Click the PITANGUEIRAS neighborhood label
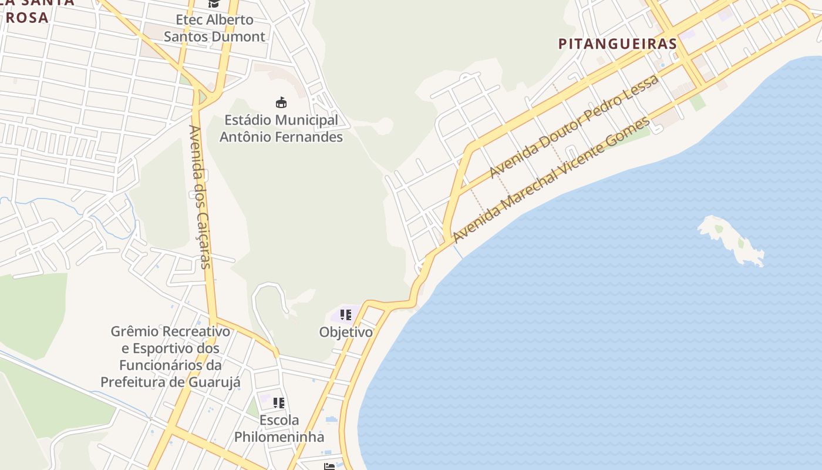click(x=617, y=43)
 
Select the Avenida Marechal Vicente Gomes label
click(x=552, y=180)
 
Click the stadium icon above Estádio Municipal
click(x=281, y=102)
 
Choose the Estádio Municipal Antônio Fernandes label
click(x=281, y=129)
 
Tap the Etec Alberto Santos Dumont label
click(x=214, y=28)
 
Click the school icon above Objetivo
click(x=346, y=315)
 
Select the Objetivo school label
click(x=346, y=332)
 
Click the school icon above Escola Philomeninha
click(x=279, y=403)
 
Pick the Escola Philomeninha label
click(x=279, y=428)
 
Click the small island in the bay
click(x=732, y=240)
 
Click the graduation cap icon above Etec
click(x=214, y=4)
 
